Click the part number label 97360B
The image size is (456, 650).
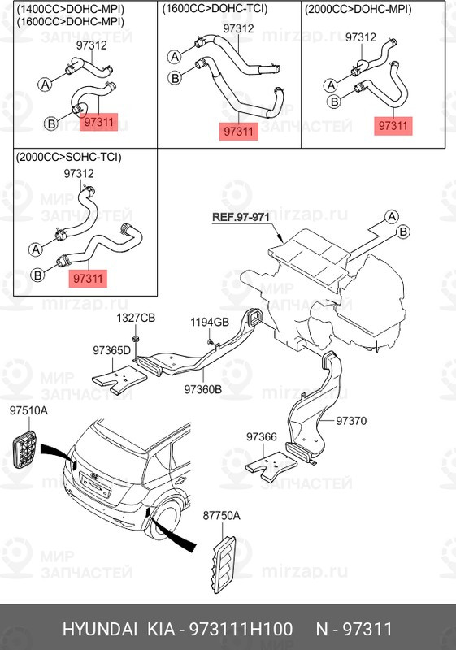click(x=202, y=389)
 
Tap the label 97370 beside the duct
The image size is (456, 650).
click(x=351, y=421)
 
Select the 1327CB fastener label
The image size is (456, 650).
click(x=136, y=318)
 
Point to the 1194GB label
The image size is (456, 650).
click(x=210, y=322)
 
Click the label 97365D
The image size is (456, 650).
click(x=111, y=350)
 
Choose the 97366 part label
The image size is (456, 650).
click(x=261, y=436)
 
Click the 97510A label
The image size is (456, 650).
click(x=28, y=410)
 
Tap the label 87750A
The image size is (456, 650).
click(x=221, y=515)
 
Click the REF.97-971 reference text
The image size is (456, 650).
click(x=241, y=217)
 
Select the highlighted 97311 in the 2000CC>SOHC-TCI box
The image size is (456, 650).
click(x=88, y=278)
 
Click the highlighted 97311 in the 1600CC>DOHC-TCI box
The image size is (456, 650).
click(x=238, y=131)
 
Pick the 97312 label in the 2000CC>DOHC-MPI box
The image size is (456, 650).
click(x=361, y=37)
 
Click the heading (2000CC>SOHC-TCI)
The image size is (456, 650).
click(x=69, y=157)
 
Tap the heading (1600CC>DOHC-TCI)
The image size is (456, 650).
click(x=215, y=9)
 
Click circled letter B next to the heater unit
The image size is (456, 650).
click(x=402, y=232)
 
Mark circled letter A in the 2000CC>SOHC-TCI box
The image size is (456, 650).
click(x=36, y=249)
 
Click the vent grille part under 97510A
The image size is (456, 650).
click(x=24, y=449)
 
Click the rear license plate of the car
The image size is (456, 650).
click(x=96, y=484)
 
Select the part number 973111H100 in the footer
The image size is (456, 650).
click(x=241, y=629)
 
